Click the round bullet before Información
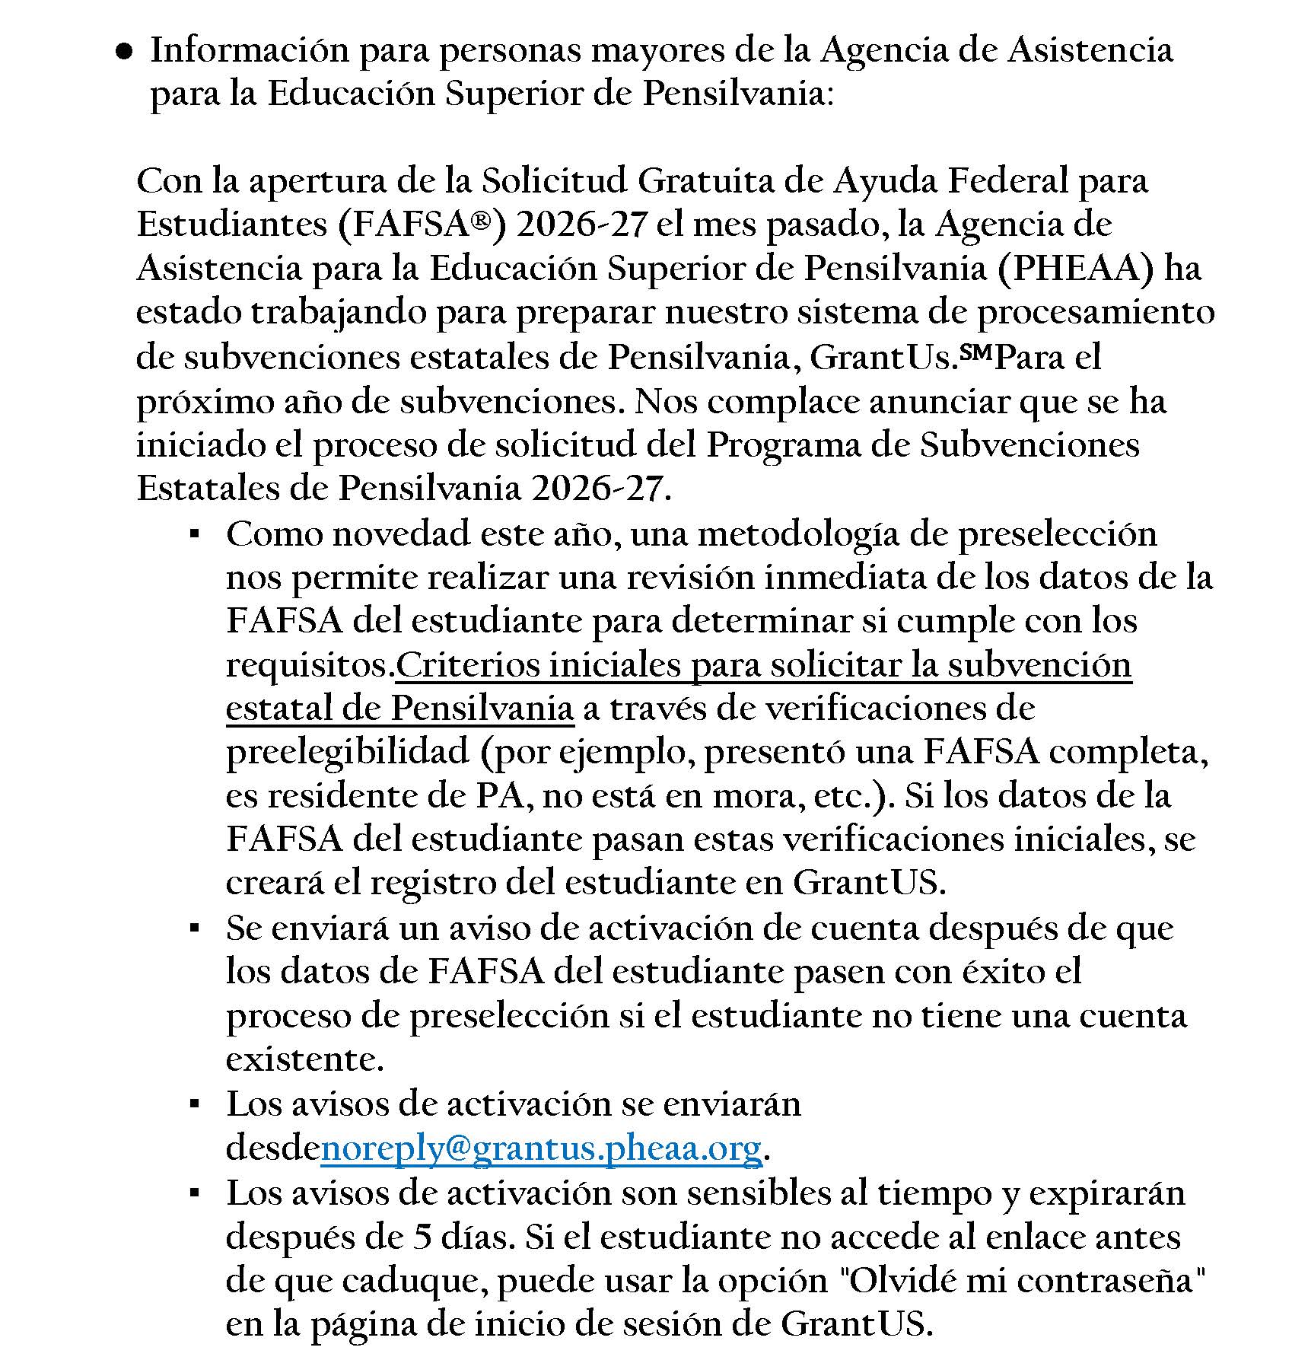(x=124, y=52)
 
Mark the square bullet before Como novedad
(x=195, y=534)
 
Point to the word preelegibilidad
(x=348, y=753)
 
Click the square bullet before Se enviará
(x=195, y=928)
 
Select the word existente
(x=304, y=1059)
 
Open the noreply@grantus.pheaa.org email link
(x=541, y=1148)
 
